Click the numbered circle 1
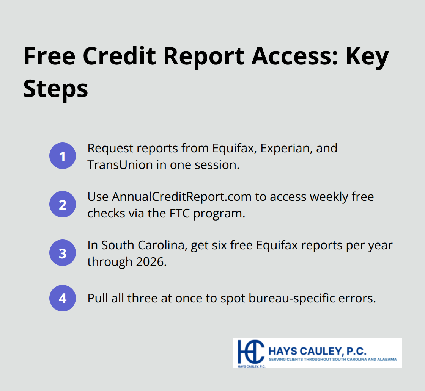[x=63, y=156]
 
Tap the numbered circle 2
[x=63, y=205]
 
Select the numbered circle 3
[x=63, y=253]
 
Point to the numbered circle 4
[x=63, y=298]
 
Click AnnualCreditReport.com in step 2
[x=181, y=197]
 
